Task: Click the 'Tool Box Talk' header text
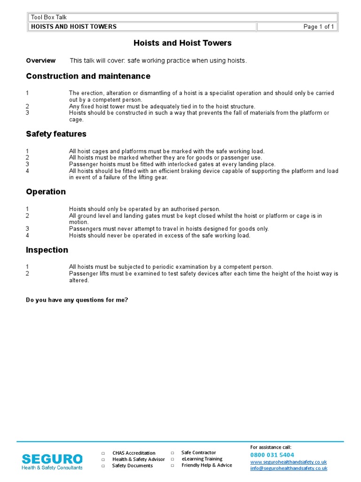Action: (49, 17)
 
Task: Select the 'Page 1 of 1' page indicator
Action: (319, 27)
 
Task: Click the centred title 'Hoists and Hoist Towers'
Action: (182, 43)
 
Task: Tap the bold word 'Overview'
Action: (41, 61)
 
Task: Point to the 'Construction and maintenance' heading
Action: (88, 76)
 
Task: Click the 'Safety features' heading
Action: (56, 134)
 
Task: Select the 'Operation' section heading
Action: (46, 192)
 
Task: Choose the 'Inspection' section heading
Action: (47, 250)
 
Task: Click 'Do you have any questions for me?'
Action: (77, 300)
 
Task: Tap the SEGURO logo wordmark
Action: (52, 459)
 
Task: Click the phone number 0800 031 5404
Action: (272, 455)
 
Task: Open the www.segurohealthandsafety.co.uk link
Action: (288, 462)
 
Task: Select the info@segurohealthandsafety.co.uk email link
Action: (288, 468)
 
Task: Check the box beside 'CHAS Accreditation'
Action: (103, 453)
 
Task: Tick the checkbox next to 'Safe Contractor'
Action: (172, 453)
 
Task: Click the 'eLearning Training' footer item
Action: (202, 459)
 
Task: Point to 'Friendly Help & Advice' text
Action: (206, 466)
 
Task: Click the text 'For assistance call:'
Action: (270, 447)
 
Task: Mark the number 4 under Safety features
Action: (27, 171)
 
